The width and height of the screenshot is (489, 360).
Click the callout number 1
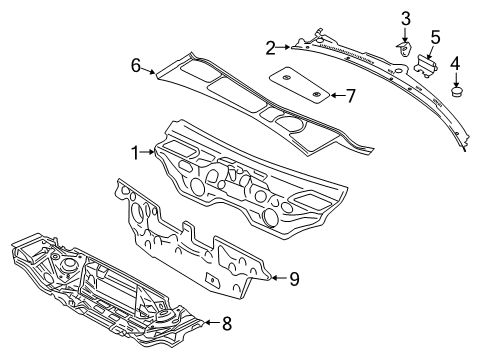pos(135,153)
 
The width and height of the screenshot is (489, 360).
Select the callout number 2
pos(271,48)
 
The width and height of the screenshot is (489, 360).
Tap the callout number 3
pos(405,19)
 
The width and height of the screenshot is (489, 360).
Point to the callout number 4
pos(455,63)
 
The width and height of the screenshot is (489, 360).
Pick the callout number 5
pos(435,37)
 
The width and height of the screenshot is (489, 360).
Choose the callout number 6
pos(136,65)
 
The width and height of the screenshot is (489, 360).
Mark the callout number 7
pos(351,96)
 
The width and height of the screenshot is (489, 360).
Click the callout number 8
pos(227,323)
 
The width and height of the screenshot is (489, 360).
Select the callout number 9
pos(294,279)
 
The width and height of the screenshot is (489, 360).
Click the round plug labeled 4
pos(456,92)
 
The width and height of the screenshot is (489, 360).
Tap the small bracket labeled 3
pos(404,49)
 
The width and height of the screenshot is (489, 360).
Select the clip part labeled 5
pos(425,65)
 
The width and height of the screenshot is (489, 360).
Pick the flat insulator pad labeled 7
pos(299,85)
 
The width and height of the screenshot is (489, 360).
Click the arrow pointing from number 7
pos(337,96)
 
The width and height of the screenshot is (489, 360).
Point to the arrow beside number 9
pos(279,277)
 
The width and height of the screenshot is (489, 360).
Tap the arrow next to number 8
pos(211,322)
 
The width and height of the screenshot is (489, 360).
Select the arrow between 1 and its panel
pos(148,152)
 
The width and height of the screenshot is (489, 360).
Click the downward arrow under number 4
pos(456,79)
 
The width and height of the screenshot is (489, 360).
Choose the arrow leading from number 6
pos(148,70)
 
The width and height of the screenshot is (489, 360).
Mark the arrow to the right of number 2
pos(283,47)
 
